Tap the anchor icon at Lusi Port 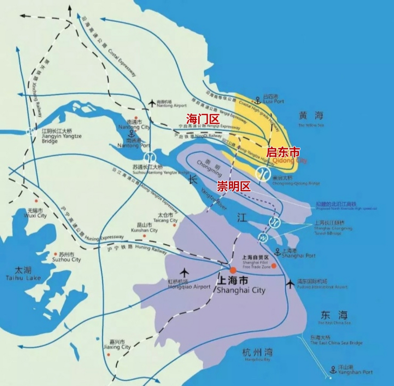(258, 100)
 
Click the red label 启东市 (283, 152)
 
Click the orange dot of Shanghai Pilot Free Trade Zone (274, 266)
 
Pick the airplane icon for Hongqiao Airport (184, 273)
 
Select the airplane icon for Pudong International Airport (290, 283)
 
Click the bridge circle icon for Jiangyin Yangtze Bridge (30, 132)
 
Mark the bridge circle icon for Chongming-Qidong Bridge (263, 173)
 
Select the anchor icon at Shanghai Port (277, 251)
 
